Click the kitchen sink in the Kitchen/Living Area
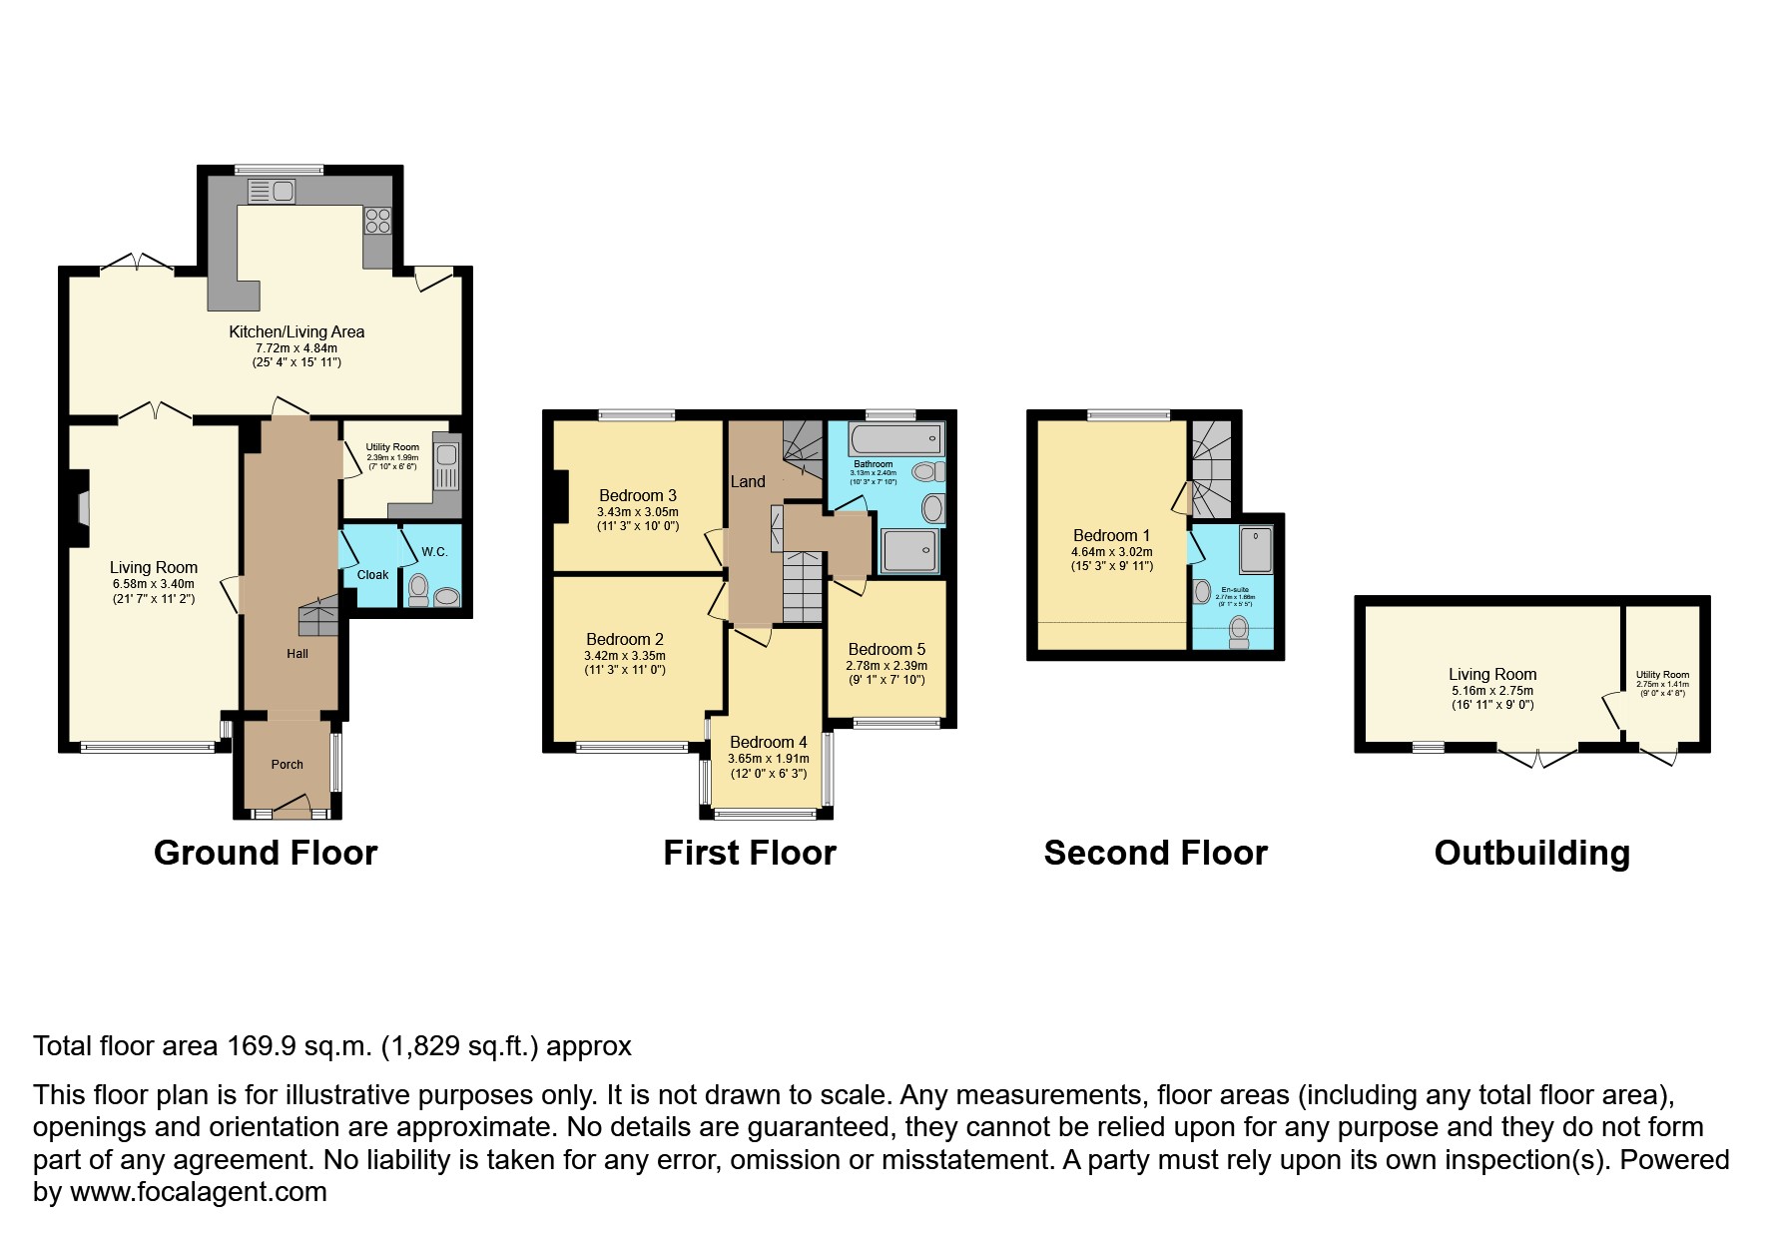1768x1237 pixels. pos(270,190)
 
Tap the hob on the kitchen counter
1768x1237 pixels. pos(377,220)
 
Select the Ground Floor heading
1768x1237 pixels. pos(266,853)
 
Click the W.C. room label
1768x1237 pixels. pos(434,552)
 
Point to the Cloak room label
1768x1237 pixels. pos(372,574)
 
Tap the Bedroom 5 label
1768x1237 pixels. pos(886,649)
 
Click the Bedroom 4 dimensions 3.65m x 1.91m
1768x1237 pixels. pos(768,759)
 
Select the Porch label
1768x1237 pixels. pos(287,764)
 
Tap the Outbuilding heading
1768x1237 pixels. pos(1531,853)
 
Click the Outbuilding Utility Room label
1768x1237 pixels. pos(1662,675)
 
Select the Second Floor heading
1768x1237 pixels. pos(1155,853)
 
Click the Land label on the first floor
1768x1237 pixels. pos(747,481)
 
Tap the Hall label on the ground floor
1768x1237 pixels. pos(296,653)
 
